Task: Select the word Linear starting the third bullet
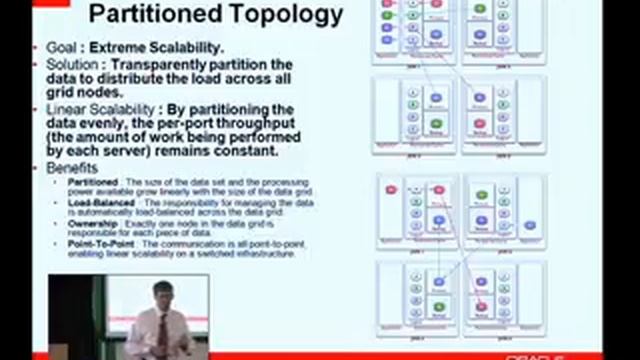pos(65,109)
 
